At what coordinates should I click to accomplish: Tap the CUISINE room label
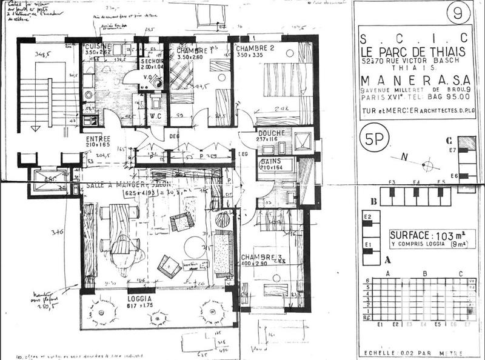(x=97, y=47)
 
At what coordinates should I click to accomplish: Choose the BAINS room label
(x=269, y=162)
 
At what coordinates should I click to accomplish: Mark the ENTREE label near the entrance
(x=98, y=139)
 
